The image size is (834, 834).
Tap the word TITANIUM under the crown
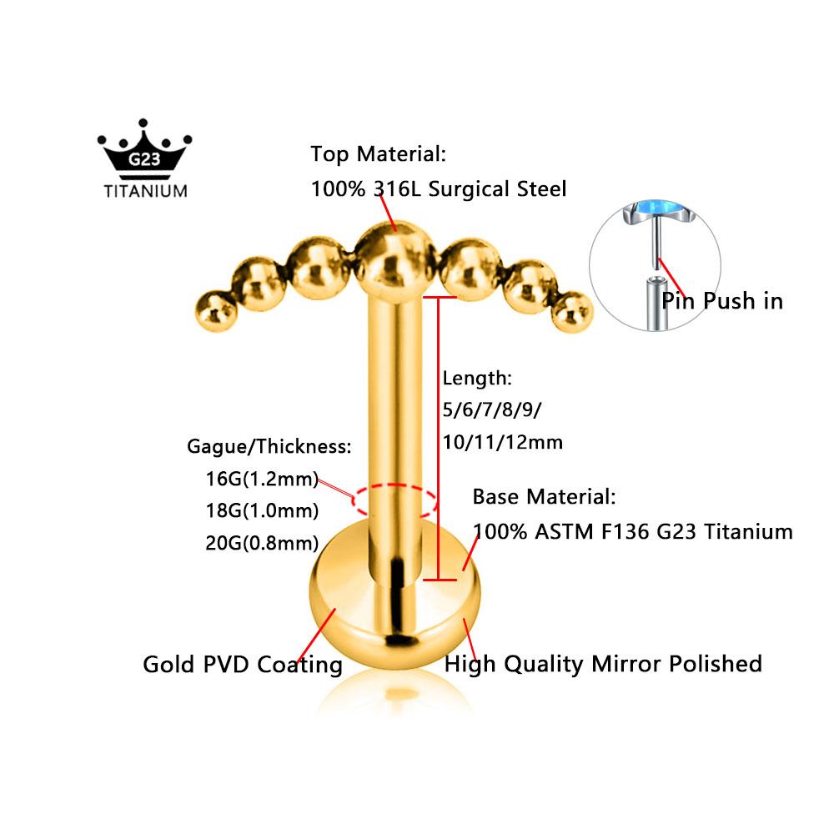(145, 192)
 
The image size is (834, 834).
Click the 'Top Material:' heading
(378, 154)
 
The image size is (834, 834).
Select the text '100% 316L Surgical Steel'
(439, 189)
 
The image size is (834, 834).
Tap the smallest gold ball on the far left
(215, 311)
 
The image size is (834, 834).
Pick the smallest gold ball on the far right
(572, 312)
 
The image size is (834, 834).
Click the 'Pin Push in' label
(721, 301)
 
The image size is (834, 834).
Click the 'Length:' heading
(476, 378)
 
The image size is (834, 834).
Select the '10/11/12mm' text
(502, 442)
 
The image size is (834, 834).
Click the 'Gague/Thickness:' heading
(269, 446)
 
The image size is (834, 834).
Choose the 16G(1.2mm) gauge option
(262, 479)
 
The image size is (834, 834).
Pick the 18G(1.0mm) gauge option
(262, 510)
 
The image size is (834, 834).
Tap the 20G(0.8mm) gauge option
(262, 543)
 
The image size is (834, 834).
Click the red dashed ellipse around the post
(394, 485)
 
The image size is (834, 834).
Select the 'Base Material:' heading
(544, 497)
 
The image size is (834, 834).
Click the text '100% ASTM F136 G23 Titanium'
(632, 531)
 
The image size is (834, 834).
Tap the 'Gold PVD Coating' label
(243, 665)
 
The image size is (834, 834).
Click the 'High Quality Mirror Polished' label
(603, 665)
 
